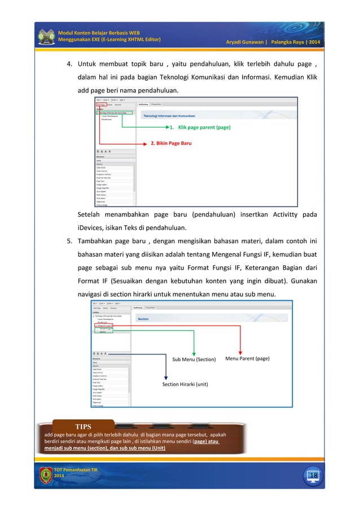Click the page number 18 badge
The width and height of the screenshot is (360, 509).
click(x=313, y=476)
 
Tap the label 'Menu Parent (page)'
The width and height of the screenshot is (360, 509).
click(x=247, y=358)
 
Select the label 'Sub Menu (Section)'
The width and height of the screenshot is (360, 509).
click(x=194, y=359)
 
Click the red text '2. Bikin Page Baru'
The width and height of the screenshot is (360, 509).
click(x=170, y=143)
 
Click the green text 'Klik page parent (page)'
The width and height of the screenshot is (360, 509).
click(x=204, y=128)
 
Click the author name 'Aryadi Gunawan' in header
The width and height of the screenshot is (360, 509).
click(x=245, y=42)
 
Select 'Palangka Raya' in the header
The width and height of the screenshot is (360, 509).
click(x=288, y=42)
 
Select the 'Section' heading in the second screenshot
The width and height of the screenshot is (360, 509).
click(x=143, y=318)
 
